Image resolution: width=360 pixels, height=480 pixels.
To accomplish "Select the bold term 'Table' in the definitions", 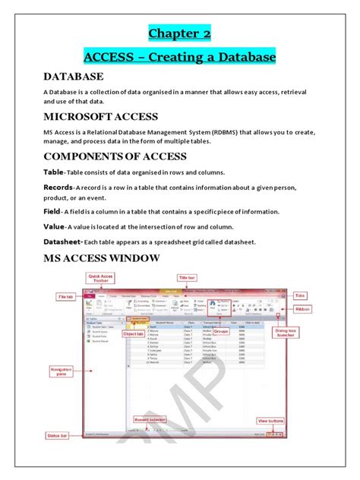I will (x=32, y=172).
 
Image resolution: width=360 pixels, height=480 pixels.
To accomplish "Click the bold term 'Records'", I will (x=37, y=187).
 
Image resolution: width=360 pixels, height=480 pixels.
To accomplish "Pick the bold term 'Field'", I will (x=30, y=212).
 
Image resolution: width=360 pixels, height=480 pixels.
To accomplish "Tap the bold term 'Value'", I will (x=31, y=226).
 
